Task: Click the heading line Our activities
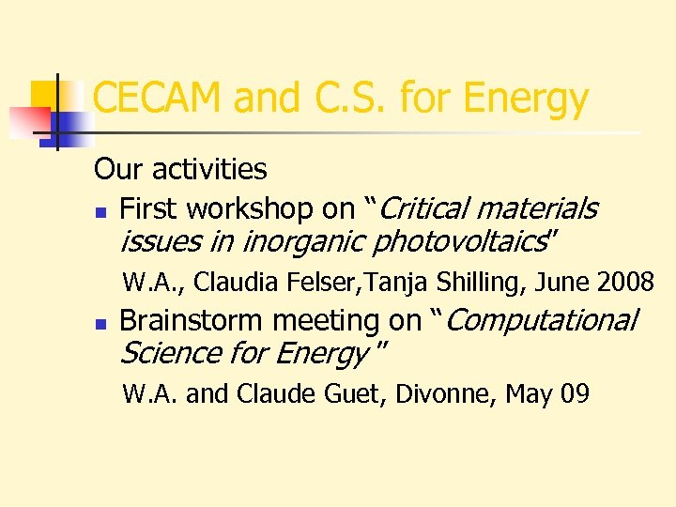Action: click(x=180, y=169)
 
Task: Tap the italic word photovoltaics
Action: click(x=459, y=241)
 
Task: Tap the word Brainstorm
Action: click(x=191, y=320)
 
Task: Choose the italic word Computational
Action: click(x=542, y=320)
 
